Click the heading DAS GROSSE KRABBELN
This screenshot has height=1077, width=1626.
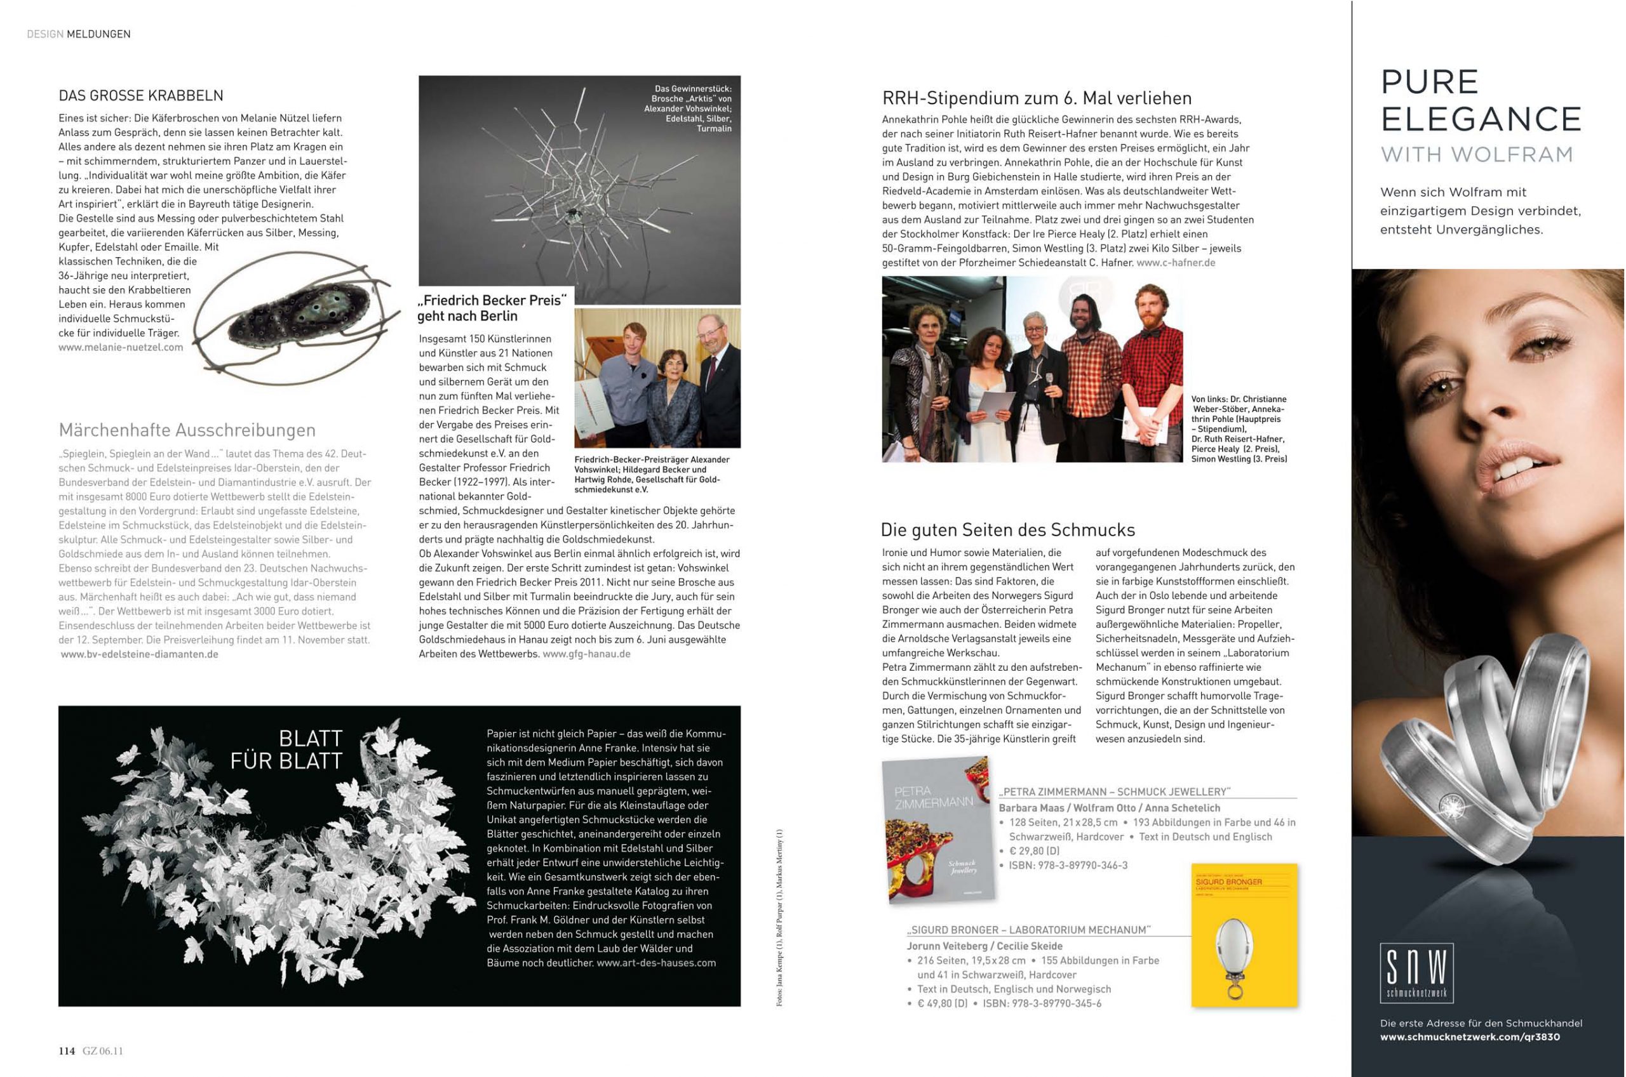click(141, 95)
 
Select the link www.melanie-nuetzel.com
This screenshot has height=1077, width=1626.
click(121, 348)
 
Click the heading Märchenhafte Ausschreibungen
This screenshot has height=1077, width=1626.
click(187, 430)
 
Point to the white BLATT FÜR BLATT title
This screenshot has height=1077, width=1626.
click(287, 750)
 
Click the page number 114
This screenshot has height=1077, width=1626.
click(67, 1050)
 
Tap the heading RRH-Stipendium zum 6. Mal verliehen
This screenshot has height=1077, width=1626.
click(1037, 98)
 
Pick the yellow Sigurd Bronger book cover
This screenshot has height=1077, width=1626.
click(1244, 935)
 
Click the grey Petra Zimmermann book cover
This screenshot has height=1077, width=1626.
click(939, 829)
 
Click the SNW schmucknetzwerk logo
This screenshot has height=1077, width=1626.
click(1416, 972)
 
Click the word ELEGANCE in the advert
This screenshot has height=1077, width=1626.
click(1481, 119)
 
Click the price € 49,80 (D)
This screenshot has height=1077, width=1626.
click(942, 1003)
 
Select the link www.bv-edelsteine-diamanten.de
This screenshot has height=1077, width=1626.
click(140, 654)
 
